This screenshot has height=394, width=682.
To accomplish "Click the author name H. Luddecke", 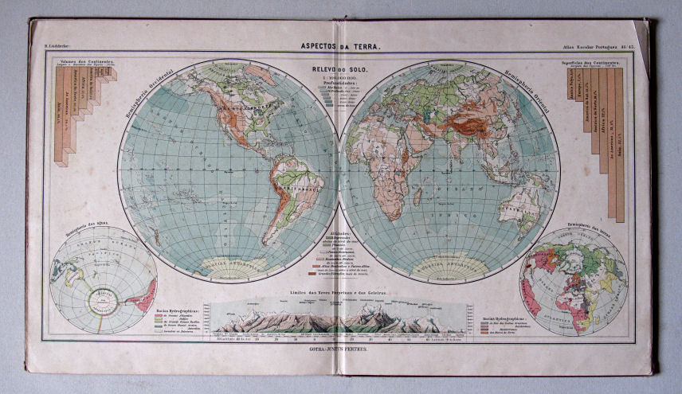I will [57, 49].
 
